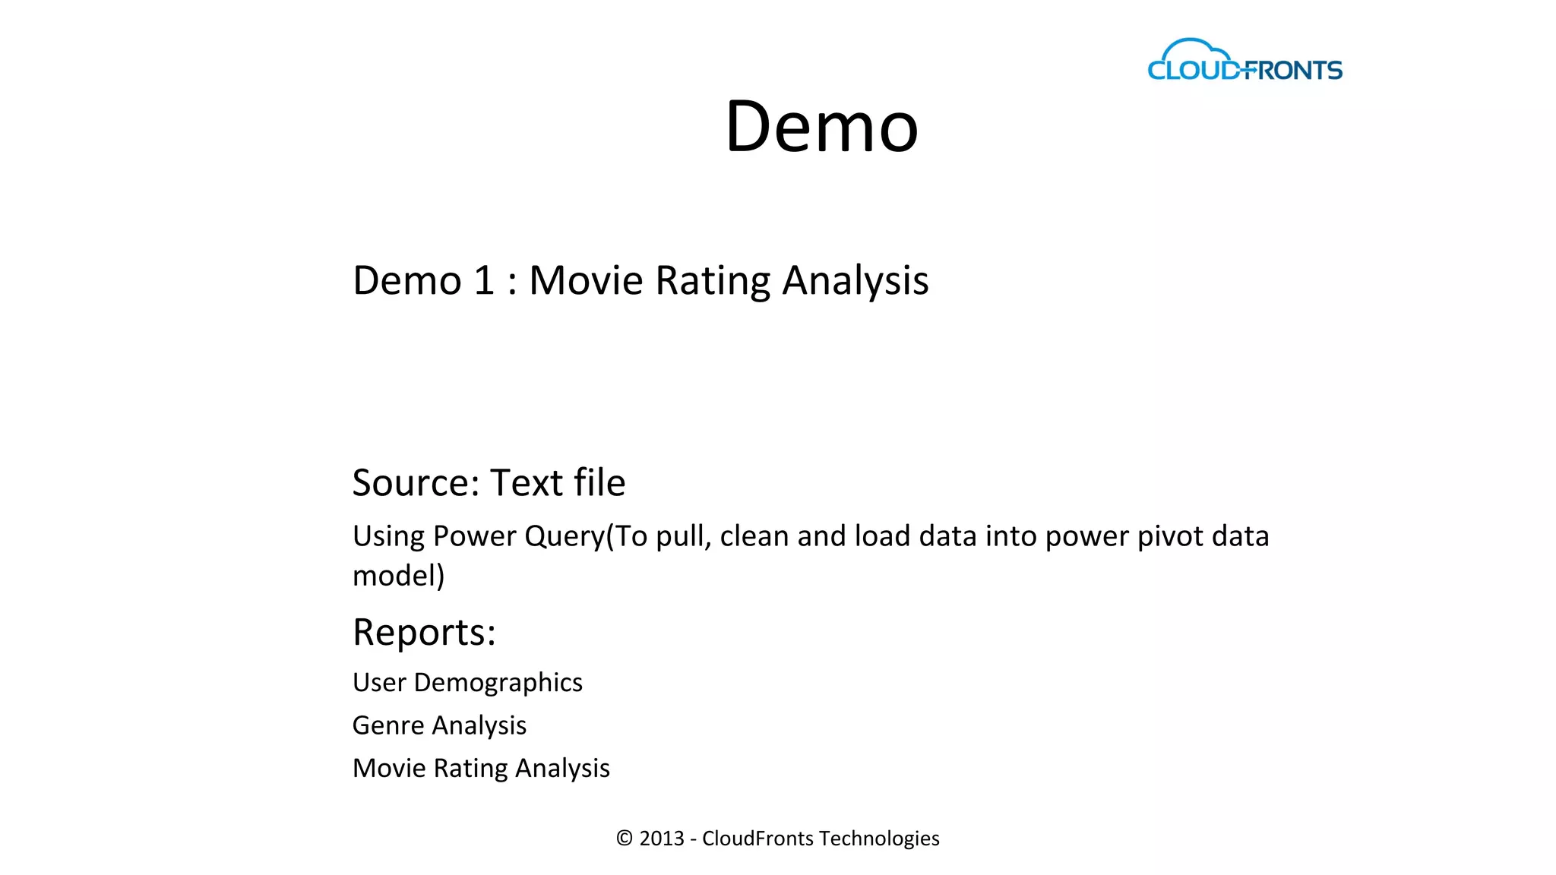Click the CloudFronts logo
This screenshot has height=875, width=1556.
pyautogui.click(x=1244, y=62)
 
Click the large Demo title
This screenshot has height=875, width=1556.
pyautogui.click(x=821, y=126)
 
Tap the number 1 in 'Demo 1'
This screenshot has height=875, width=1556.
pyautogui.click(x=484, y=280)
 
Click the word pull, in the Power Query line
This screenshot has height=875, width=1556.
pyautogui.click(x=683, y=537)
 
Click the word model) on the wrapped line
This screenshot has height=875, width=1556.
pyautogui.click(x=398, y=576)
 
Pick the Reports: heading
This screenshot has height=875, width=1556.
pyautogui.click(x=424, y=632)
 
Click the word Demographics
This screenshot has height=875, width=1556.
pyautogui.click(x=498, y=683)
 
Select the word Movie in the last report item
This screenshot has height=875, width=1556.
pyautogui.click(x=389, y=768)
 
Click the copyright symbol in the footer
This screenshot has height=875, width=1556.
pyautogui.click(x=625, y=839)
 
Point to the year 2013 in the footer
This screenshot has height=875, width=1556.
pyautogui.click(x=661, y=839)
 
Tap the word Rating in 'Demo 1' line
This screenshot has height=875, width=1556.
pyautogui.click(x=713, y=281)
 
